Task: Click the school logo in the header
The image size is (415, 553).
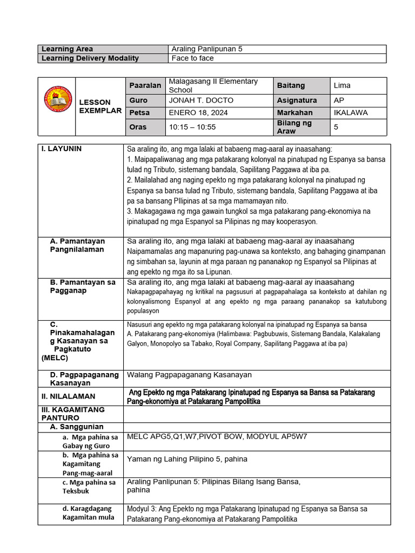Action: coord(56,106)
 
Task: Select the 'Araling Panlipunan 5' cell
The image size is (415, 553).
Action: coord(207,49)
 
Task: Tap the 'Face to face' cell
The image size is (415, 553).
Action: coord(192,58)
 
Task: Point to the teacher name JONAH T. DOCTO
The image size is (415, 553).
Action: coord(198,100)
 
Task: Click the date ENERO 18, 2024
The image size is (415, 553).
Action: coord(198,113)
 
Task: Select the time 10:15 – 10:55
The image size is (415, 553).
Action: coord(192,127)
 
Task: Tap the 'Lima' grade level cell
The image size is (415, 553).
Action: coord(342,85)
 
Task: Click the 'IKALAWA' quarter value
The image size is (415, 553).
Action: coord(350,113)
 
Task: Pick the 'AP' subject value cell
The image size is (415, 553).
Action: coord(339,100)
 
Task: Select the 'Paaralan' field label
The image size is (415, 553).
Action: coord(145,85)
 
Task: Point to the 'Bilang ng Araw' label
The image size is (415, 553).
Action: coord(294,127)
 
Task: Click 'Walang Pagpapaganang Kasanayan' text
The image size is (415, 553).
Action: coord(189,375)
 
